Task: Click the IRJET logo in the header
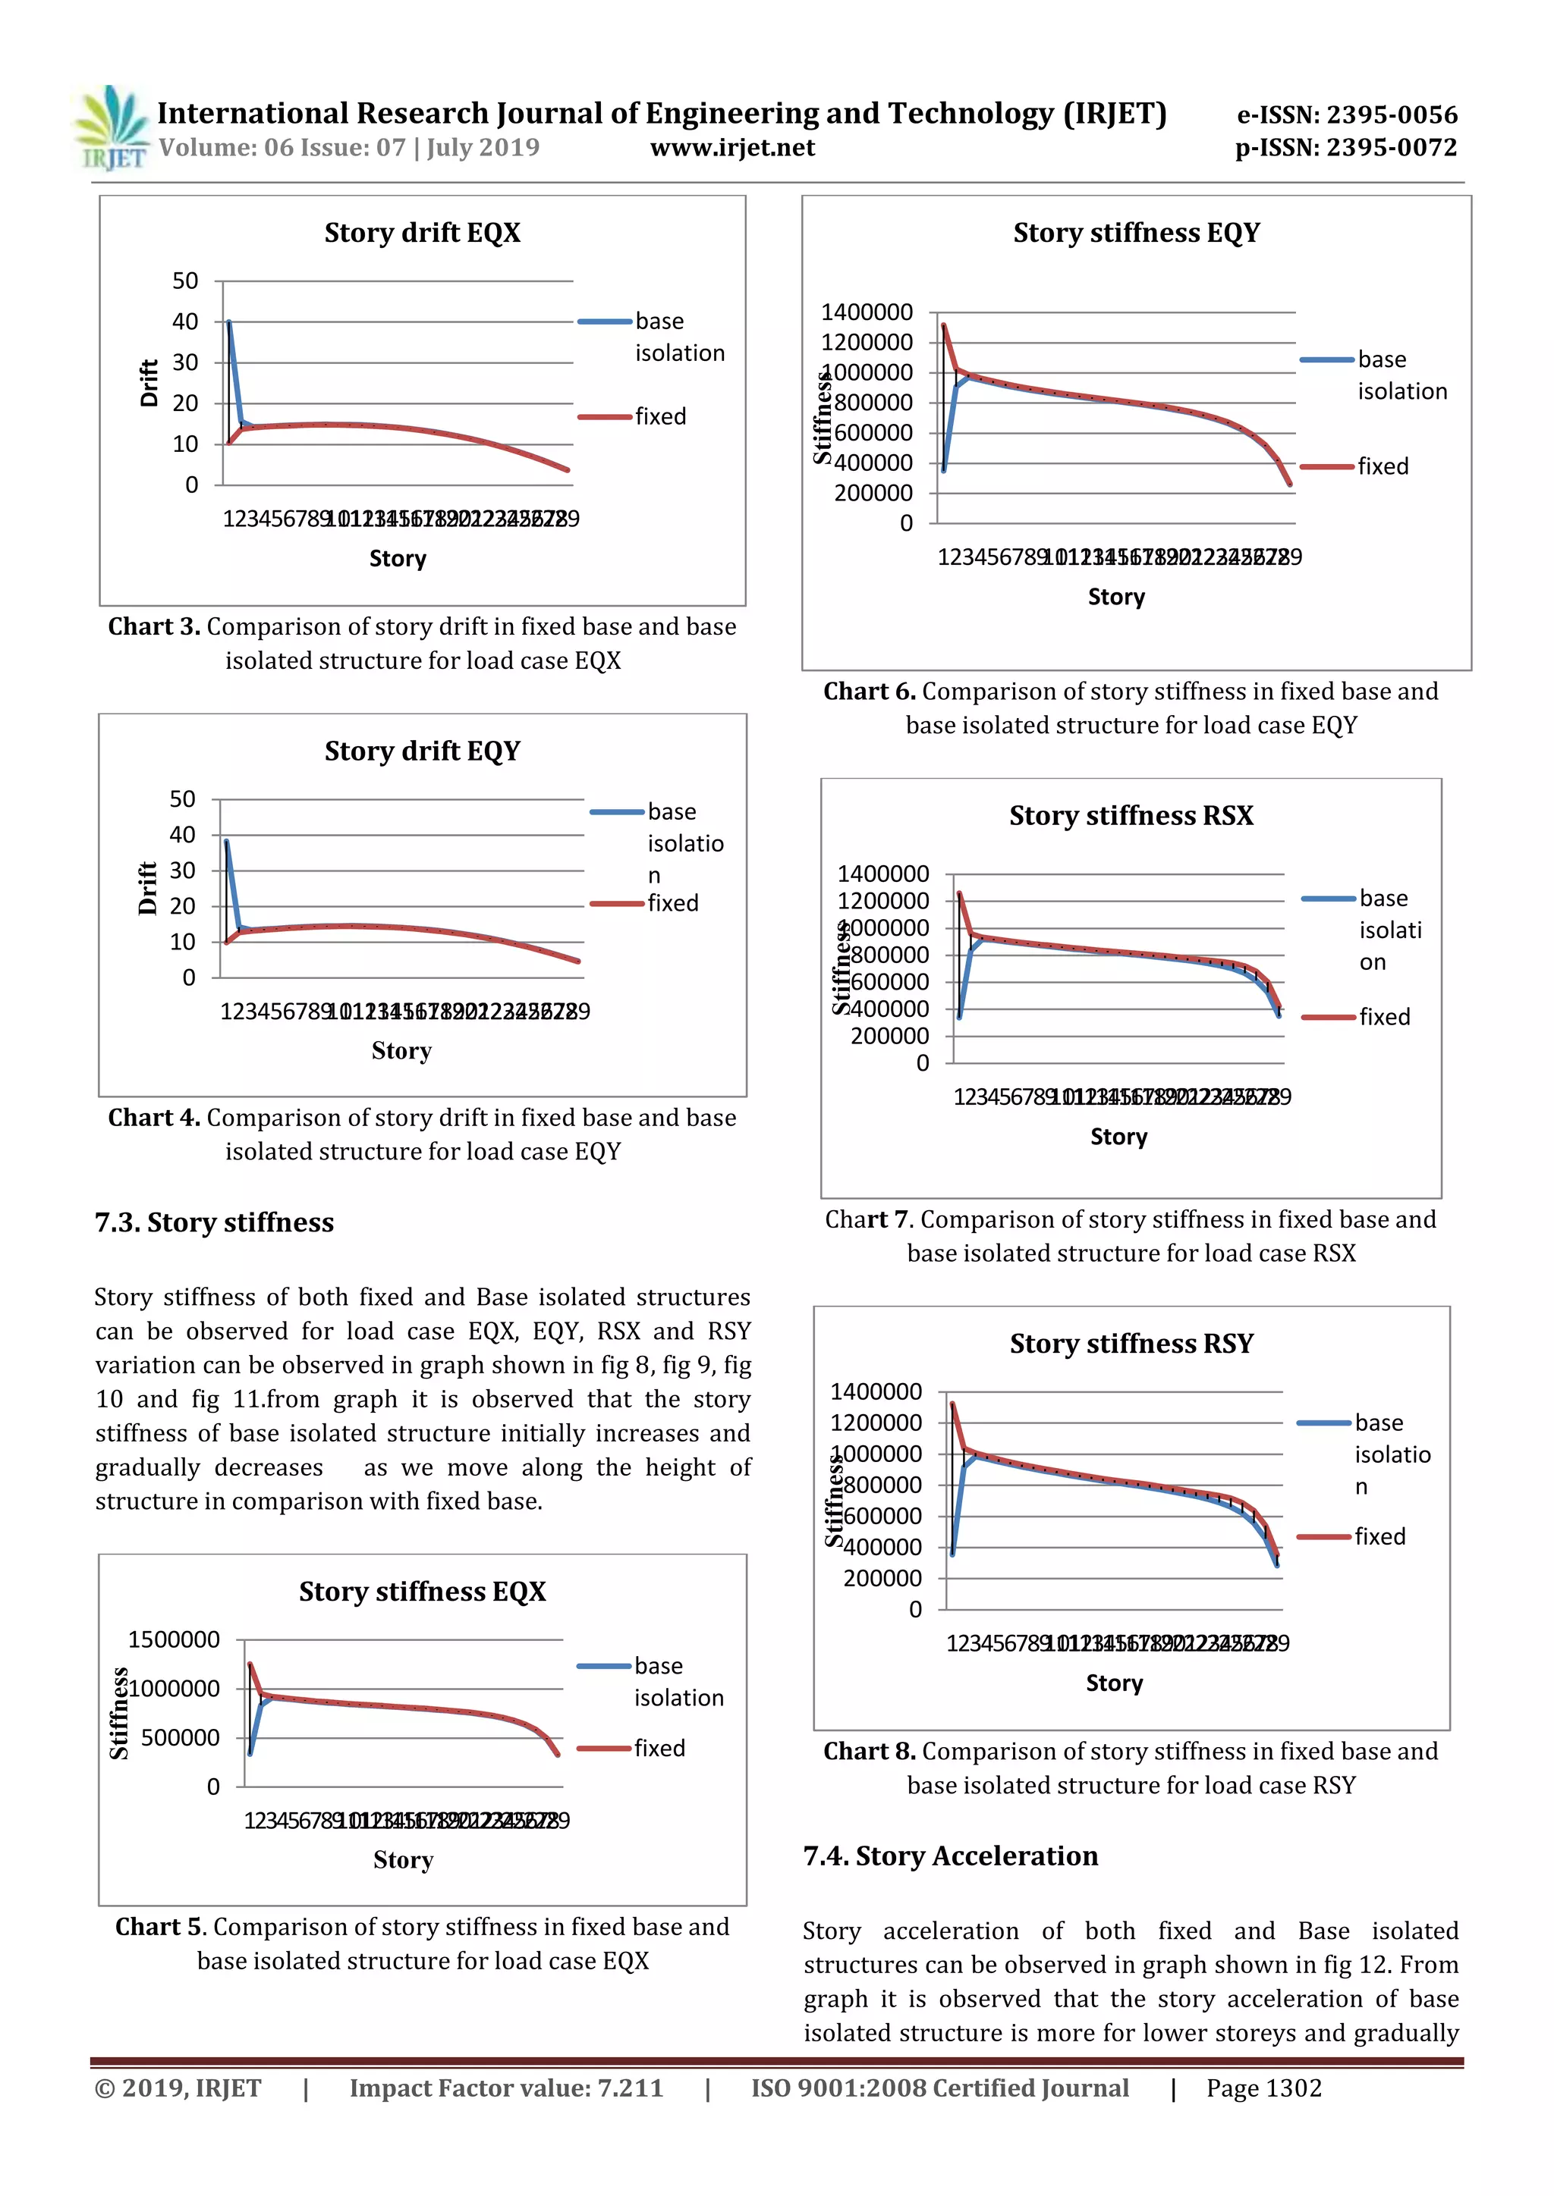[x=111, y=128]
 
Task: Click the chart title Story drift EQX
[x=422, y=234]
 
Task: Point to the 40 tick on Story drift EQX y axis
[x=184, y=322]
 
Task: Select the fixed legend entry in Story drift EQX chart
[x=659, y=417]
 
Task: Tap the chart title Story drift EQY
[x=422, y=751]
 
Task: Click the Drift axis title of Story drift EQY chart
[x=147, y=889]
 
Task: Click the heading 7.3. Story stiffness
[x=214, y=1223]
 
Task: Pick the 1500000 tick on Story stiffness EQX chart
[x=175, y=1640]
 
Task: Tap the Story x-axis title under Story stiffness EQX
[x=403, y=1860]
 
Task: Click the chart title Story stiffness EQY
[x=1136, y=234]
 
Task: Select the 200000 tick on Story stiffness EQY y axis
[x=873, y=494]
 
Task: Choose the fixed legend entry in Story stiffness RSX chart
[x=1384, y=1018]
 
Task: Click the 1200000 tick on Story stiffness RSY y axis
[x=876, y=1423]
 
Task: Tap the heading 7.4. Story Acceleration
[x=950, y=1856]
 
